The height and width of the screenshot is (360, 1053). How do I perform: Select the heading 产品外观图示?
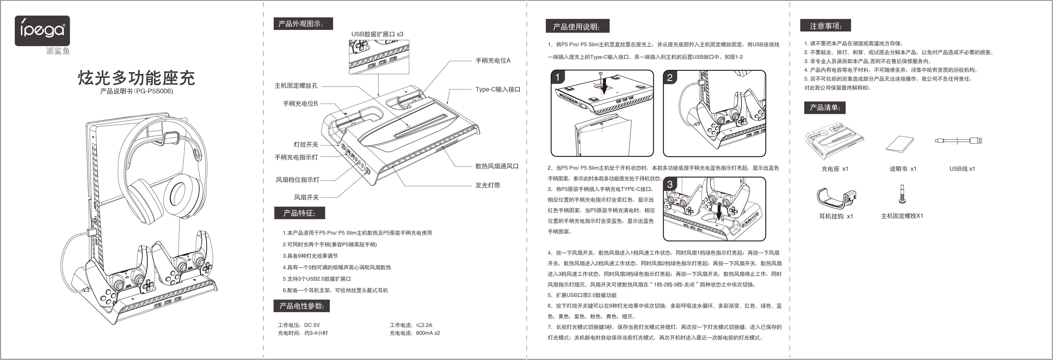tap(303, 24)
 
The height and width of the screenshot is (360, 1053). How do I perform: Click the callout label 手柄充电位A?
tap(493, 60)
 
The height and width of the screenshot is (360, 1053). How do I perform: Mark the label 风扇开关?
tap(306, 197)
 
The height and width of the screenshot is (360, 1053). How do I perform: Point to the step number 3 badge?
tap(670, 184)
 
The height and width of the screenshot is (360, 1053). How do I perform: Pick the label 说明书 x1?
tap(903, 169)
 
